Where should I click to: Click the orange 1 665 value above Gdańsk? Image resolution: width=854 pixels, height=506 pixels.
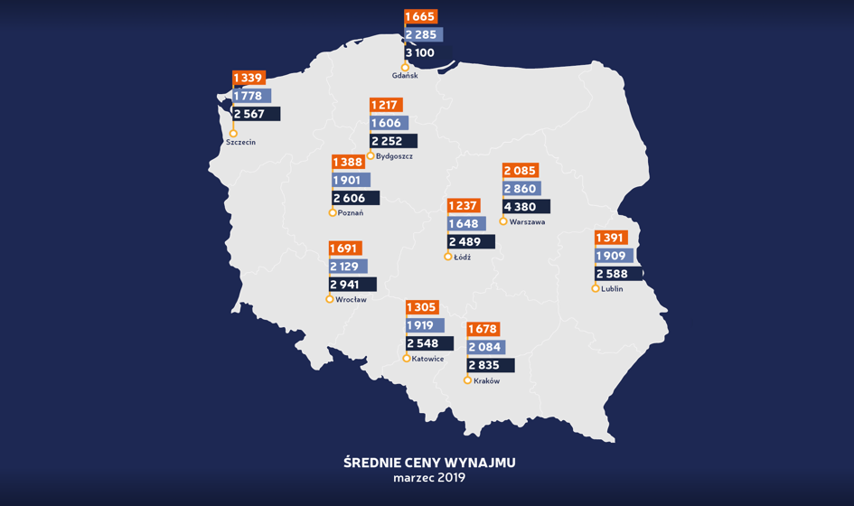pos(420,16)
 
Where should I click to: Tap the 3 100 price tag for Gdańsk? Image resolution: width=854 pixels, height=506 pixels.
pos(420,52)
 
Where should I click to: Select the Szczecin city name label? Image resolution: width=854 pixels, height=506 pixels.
pos(241,143)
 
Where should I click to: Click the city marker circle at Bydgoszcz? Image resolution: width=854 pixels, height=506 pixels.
pos(371,156)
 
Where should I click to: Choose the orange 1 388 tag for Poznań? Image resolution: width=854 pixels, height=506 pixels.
pos(348,163)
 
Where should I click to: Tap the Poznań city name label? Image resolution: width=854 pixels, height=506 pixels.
pos(350,213)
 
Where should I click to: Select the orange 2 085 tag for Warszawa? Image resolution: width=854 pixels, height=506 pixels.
pos(520,171)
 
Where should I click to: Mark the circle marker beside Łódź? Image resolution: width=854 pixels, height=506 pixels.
pos(448,258)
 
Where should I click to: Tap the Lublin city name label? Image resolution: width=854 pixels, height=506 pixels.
pos(612,289)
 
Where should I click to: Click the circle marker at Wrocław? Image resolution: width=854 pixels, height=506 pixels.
pos(330,299)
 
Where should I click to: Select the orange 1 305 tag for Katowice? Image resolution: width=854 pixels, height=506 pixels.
pos(421,307)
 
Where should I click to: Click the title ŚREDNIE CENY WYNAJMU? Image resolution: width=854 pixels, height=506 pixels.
pos(429,463)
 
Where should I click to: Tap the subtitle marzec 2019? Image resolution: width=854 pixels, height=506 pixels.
pos(429,478)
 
